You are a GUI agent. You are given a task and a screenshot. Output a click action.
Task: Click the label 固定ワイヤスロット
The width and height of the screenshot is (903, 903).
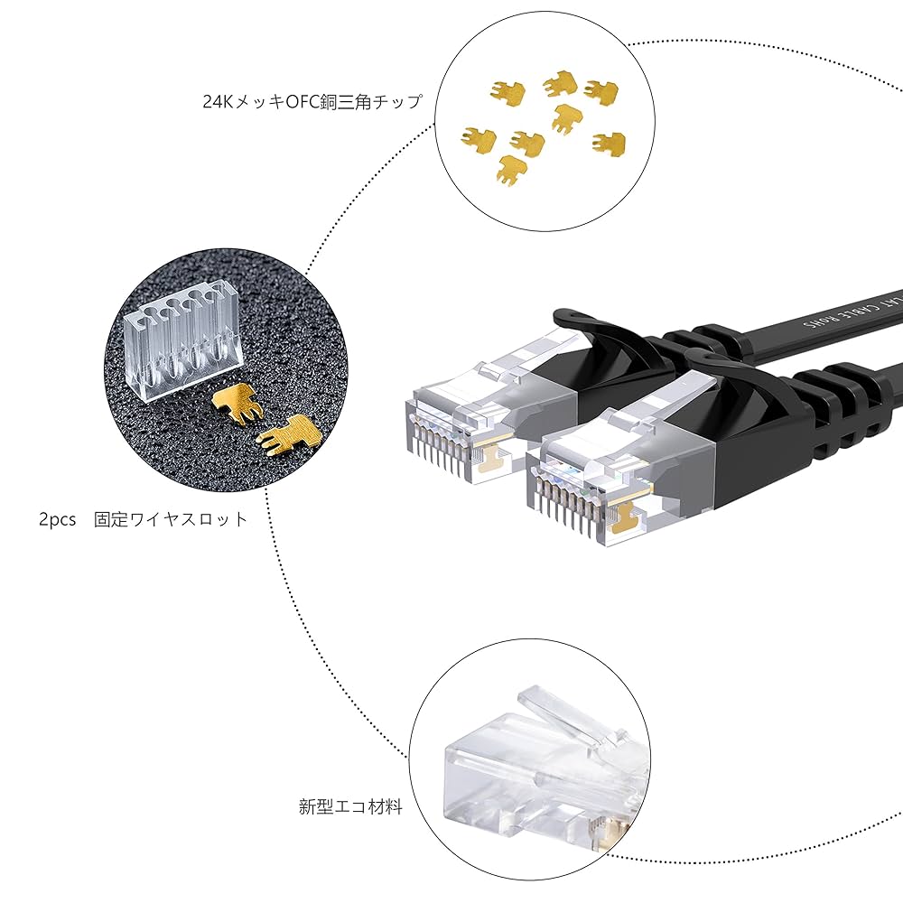(172, 519)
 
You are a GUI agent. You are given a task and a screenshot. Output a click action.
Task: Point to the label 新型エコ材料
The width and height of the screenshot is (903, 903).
(350, 806)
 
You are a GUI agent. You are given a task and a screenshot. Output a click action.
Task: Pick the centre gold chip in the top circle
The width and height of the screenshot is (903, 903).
(567, 116)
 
